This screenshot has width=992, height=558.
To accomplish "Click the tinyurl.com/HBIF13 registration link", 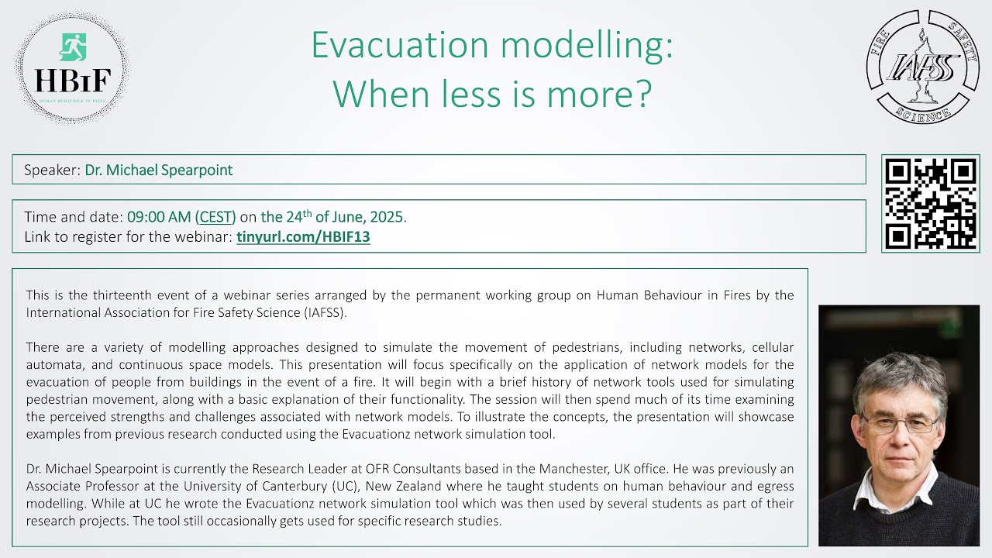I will pos(303,237).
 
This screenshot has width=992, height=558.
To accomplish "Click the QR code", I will pos(931,203).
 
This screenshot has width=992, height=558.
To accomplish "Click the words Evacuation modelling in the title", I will pos(491,46).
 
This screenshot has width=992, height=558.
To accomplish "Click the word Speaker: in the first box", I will pos(52,170).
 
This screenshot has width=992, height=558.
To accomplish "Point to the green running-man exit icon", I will pos(72,46).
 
